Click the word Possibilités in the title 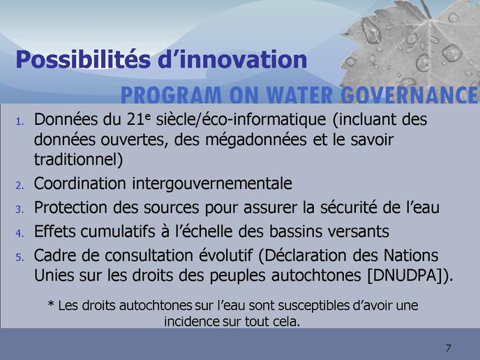(x=83, y=60)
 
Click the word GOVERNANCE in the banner (x=410, y=95)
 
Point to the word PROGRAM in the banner (x=171, y=95)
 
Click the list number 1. (x=20, y=122)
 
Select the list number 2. (x=20, y=186)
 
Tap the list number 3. (x=20, y=209)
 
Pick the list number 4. (x=20, y=234)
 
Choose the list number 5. (x=20, y=257)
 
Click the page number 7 (x=448, y=348)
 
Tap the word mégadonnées (x=256, y=140)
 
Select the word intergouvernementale (x=212, y=183)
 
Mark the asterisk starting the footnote (x=51, y=305)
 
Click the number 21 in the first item (x=135, y=119)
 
